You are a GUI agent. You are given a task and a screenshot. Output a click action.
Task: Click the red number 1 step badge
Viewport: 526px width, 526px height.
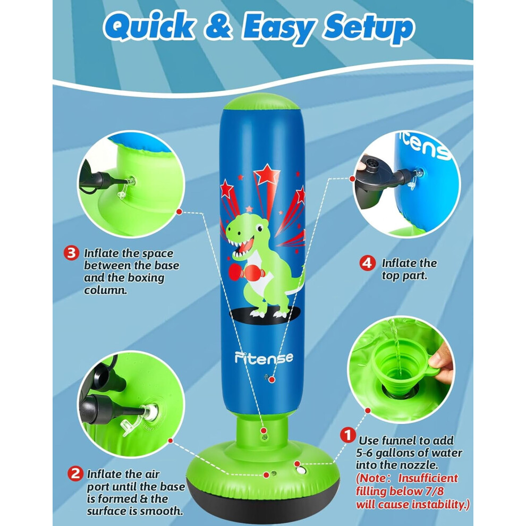pos(348,435)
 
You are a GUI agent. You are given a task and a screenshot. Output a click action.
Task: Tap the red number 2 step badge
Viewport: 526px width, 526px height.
pos(75,474)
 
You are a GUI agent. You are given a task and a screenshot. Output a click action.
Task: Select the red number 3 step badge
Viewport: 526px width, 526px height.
pos(71,253)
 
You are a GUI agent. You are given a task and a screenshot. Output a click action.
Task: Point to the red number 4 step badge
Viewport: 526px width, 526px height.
pos(368,263)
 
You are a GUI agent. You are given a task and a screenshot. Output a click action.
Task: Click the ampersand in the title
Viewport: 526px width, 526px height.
pos(218,26)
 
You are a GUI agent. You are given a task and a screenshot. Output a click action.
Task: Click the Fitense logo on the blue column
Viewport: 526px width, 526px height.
pos(264,358)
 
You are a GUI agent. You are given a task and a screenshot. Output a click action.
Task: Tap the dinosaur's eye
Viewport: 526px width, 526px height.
pos(259,228)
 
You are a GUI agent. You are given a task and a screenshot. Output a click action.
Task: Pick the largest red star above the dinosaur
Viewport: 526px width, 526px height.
pos(267,174)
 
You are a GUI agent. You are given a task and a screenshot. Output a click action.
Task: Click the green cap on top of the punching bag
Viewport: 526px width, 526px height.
pos(261,102)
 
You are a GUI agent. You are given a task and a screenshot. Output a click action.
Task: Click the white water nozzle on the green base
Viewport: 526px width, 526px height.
pos(301,470)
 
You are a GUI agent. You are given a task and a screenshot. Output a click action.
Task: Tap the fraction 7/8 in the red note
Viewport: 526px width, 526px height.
pos(433,491)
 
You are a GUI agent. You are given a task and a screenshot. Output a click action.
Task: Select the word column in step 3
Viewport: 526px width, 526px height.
pos(106,290)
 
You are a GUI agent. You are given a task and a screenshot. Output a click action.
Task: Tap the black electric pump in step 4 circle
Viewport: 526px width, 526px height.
pos(374,179)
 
